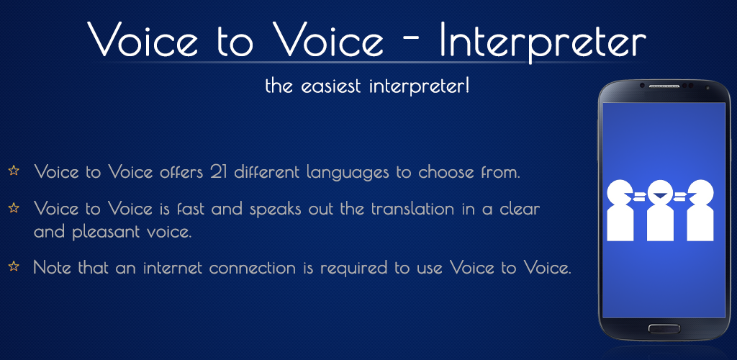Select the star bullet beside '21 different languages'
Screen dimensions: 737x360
(14, 170)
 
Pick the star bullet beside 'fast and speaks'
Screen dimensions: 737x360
(14, 207)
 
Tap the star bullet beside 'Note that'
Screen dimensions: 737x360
(14, 266)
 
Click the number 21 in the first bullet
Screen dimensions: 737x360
(219, 172)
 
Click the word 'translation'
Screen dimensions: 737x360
(414, 209)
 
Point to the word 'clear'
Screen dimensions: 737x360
(520, 209)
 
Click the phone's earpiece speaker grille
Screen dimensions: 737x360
(664, 86)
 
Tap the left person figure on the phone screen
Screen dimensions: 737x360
(620, 210)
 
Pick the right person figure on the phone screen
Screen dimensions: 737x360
(700, 210)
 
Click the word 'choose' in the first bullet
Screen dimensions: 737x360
(446, 172)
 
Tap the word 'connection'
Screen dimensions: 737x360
(253, 268)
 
